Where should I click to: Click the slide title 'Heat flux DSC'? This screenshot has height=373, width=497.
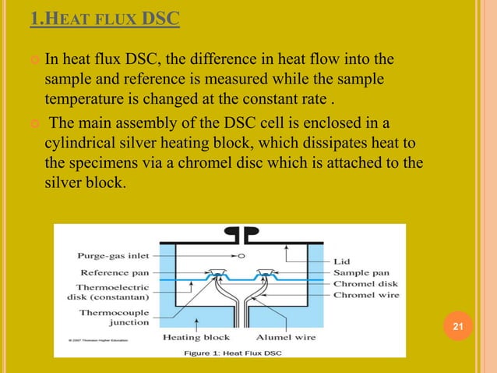(104, 18)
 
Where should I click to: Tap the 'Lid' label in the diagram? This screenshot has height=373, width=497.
(343, 262)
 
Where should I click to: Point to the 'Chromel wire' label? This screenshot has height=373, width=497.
(367, 295)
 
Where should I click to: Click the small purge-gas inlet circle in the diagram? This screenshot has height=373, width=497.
(241, 255)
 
